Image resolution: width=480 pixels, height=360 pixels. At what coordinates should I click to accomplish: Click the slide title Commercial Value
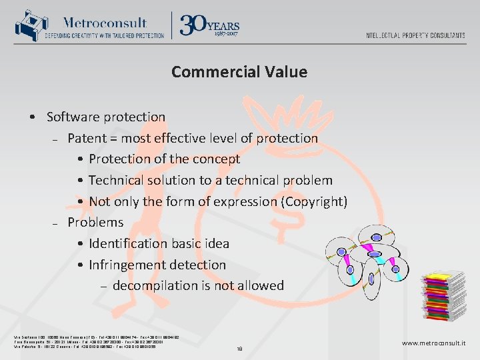[239, 72]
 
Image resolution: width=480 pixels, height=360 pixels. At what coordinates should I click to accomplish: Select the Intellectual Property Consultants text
[415, 35]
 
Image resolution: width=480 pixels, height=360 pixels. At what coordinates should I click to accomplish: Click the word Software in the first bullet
[73, 117]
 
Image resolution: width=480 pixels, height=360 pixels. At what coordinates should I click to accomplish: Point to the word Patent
[89, 139]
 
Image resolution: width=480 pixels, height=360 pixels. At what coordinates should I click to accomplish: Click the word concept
[215, 159]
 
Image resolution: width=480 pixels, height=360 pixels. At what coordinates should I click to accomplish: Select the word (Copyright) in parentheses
[315, 201]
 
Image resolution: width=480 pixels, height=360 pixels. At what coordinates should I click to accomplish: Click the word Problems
[95, 223]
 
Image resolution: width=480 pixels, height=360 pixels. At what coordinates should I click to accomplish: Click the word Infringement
[131, 265]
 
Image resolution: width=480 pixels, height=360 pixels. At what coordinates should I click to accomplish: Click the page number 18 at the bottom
[240, 348]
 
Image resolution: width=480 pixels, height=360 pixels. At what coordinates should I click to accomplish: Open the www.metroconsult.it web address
[433, 343]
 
